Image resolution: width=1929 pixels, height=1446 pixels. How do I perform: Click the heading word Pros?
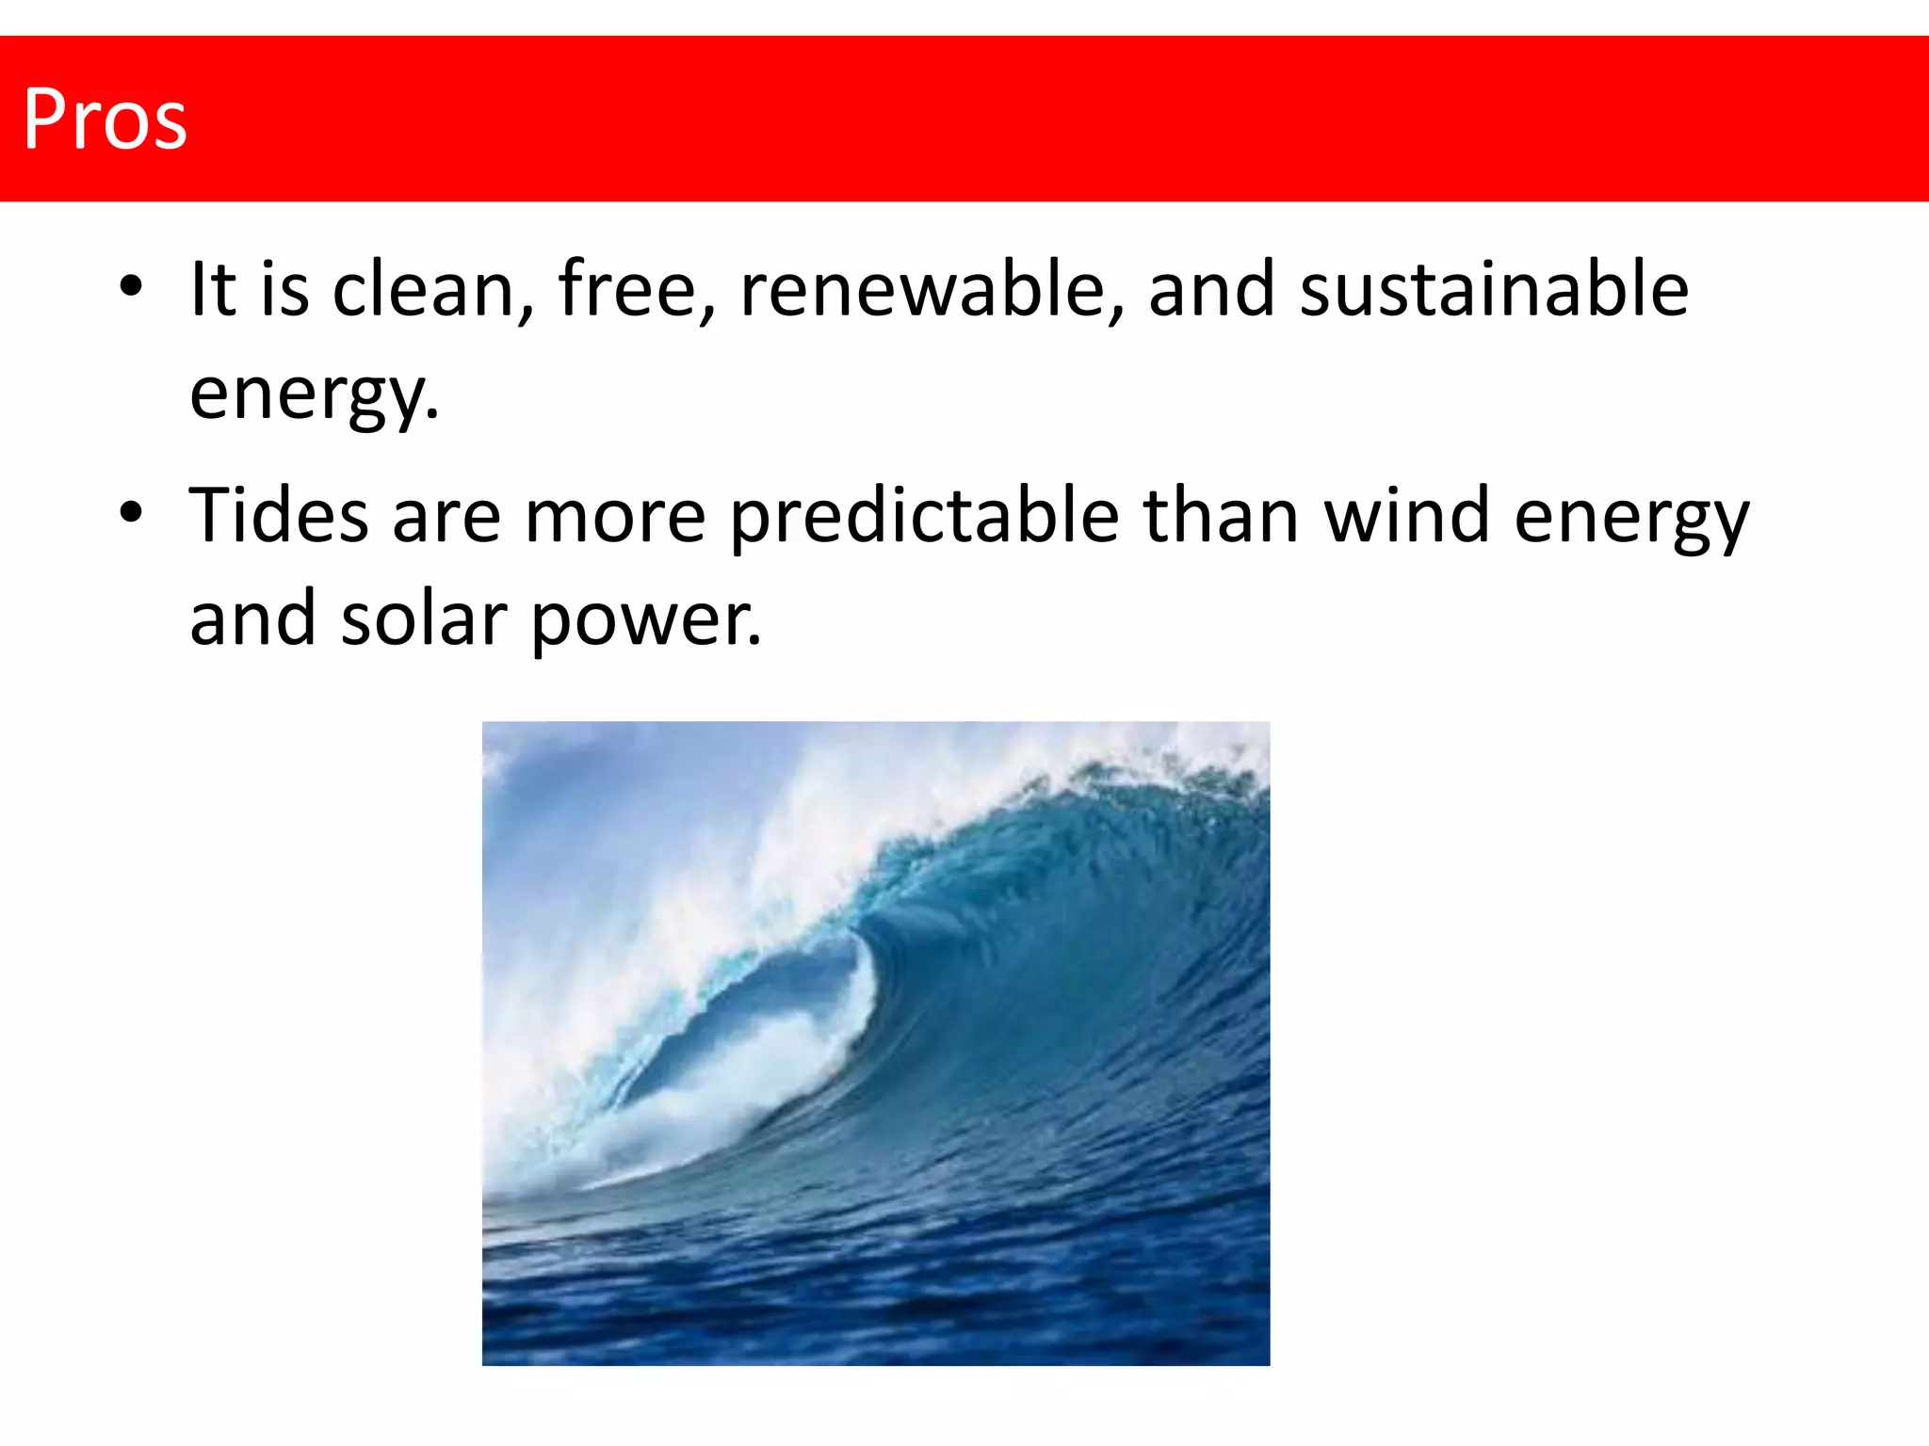[x=105, y=120]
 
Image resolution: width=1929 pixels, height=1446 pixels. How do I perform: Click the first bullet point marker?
[x=131, y=285]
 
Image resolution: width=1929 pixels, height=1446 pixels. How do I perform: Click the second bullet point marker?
[x=131, y=512]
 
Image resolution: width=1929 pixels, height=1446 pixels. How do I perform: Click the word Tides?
[x=279, y=515]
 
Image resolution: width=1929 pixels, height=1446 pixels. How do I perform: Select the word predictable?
[x=924, y=517]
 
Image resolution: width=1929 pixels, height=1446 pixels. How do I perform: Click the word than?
[x=1222, y=515]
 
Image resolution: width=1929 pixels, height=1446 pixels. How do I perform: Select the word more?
[x=615, y=517]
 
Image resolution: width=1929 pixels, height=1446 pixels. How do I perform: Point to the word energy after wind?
[x=1631, y=517]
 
